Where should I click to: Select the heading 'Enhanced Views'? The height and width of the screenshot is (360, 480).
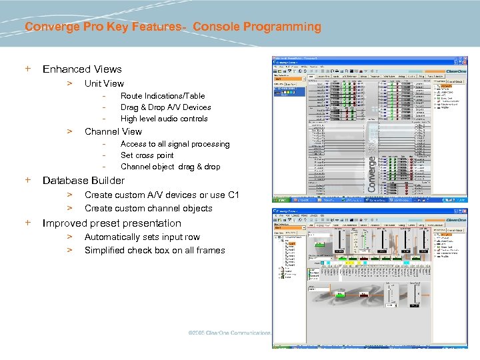point(82,69)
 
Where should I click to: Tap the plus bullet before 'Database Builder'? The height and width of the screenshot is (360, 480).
point(28,180)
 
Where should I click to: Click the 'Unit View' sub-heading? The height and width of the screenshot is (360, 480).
point(104,83)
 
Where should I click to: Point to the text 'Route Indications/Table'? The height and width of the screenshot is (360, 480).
point(163,96)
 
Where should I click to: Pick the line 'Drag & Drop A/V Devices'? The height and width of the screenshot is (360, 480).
point(165,107)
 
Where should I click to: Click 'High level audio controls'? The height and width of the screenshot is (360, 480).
point(164,119)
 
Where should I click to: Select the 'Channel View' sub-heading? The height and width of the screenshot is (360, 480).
point(113,131)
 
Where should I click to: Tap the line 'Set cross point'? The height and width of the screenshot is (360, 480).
point(147,155)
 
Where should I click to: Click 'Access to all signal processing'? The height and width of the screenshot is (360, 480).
point(175,144)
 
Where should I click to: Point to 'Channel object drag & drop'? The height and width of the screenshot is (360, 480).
point(170,167)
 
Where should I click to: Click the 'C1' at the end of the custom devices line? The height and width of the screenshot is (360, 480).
point(233,195)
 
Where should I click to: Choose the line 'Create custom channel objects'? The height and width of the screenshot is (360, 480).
point(148,208)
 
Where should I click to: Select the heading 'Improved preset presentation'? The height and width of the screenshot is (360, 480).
point(111,223)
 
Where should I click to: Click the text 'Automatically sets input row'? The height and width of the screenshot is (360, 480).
point(142,237)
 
